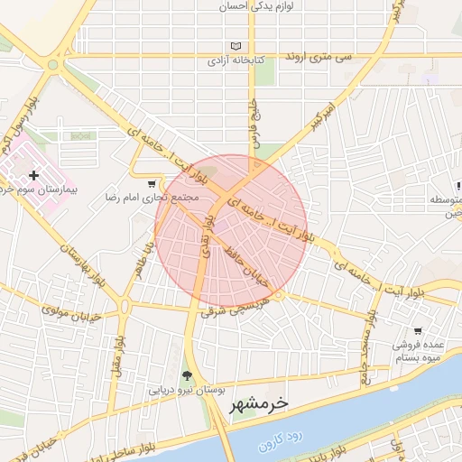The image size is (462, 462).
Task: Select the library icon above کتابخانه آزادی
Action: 236,46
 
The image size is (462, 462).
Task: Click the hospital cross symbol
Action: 34,174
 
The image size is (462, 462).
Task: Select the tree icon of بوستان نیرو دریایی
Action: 188,375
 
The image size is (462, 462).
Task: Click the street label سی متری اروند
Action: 318,56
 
